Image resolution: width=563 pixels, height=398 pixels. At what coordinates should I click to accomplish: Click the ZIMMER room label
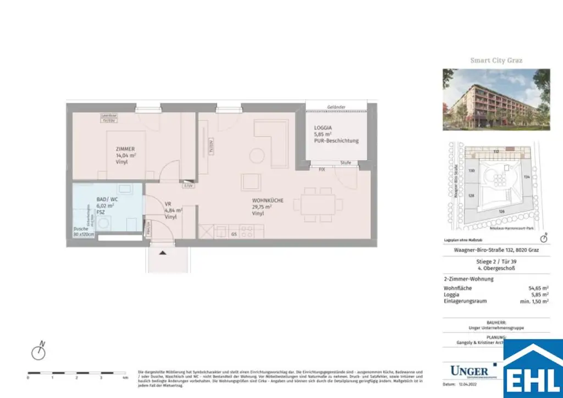tap(125, 149)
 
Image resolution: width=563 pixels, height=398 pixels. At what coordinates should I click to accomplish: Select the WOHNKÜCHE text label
tap(268, 201)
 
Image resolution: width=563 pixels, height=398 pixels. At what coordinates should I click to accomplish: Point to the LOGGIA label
tap(323, 127)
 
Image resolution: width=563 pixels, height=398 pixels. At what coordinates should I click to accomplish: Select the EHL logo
tap(533, 369)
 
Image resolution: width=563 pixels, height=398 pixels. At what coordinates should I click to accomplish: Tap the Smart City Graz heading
tap(496, 61)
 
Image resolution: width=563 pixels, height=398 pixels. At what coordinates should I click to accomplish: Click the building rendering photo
tap(496, 100)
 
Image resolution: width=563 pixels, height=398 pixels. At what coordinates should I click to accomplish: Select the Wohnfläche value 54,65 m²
tap(538, 288)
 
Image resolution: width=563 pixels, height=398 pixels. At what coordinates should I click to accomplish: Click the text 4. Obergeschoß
tap(496, 268)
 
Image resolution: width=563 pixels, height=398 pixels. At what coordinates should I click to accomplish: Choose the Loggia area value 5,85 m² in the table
tap(539, 295)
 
